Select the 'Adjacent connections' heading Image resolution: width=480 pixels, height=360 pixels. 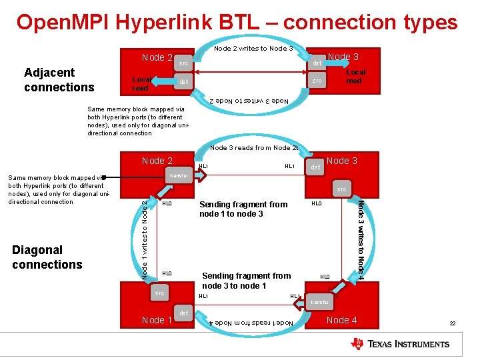[x=59, y=79]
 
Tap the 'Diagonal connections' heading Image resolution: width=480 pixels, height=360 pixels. [x=47, y=257]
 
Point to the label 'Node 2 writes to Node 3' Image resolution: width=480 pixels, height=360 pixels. [x=253, y=48]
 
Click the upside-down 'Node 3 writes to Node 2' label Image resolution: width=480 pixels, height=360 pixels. [x=249, y=101]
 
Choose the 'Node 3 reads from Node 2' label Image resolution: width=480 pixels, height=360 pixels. [x=253, y=147]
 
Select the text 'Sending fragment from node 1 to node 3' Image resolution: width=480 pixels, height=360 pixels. [x=243, y=209]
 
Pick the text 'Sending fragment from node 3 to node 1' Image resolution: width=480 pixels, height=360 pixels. [x=246, y=281]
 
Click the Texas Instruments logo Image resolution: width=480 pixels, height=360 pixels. [x=400, y=344]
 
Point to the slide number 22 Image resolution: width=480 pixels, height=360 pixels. [x=452, y=323]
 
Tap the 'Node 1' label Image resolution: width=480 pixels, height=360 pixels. [x=157, y=320]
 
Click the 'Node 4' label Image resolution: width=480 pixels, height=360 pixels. [x=341, y=320]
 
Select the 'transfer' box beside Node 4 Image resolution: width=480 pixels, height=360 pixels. [x=320, y=302]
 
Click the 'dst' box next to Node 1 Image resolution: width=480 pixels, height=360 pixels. [x=183, y=312]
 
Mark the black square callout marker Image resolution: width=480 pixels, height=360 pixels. [x=105, y=177]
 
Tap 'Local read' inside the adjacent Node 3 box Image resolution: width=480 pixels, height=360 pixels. [x=354, y=76]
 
